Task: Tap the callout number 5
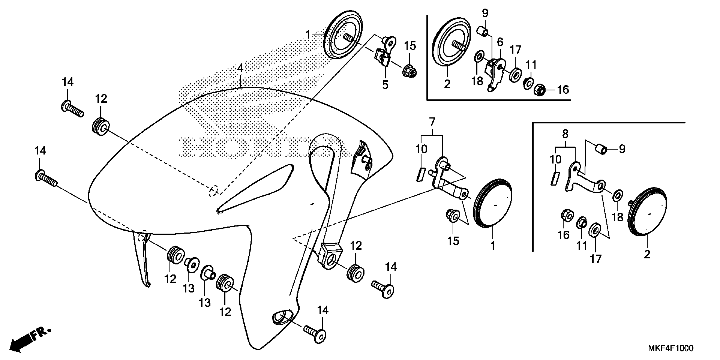(385, 84)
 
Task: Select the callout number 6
(500, 43)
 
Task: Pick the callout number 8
(565, 134)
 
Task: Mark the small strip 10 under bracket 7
(420, 174)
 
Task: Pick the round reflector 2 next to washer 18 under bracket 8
(647, 213)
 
